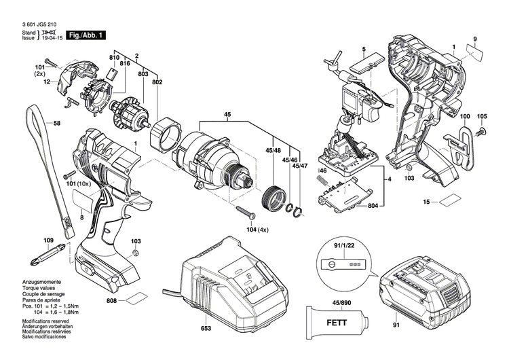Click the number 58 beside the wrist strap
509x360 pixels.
point(57,123)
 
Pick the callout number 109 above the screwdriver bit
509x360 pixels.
point(48,241)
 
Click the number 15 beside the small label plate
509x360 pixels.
point(427,202)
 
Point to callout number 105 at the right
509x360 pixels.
point(482,116)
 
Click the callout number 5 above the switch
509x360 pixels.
point(364,49)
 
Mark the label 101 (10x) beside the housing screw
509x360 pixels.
point(79,183)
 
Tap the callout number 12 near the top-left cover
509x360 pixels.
point(47,82)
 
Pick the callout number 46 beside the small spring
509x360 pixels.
point(323,171)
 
